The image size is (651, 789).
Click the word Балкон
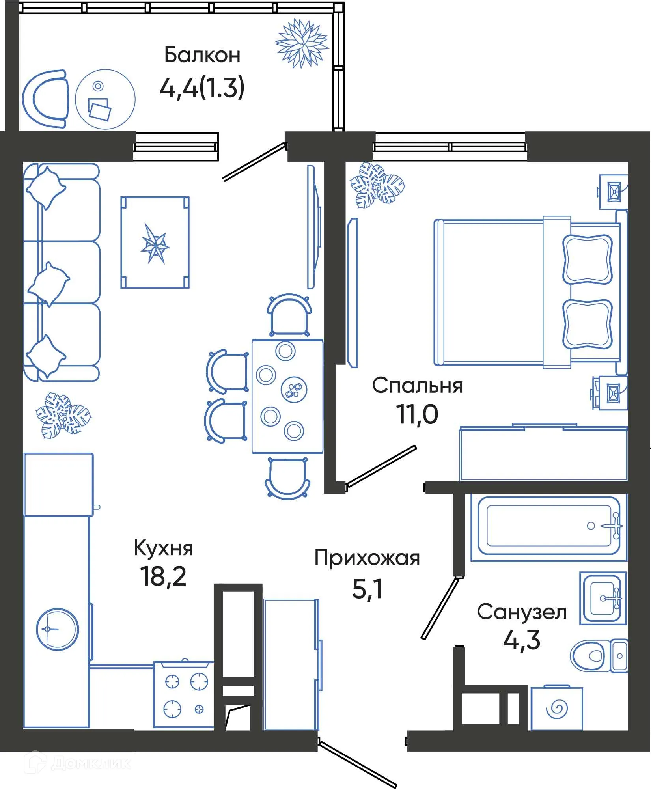tap(202, 55)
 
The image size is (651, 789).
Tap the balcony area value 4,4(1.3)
tap(202, 88)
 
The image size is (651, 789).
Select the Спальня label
tap(417, 386)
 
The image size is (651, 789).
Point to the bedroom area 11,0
tap(417, 415)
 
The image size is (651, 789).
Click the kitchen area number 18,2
tap(163, 576)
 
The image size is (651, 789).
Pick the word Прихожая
tap(367, 558)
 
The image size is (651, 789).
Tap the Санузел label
tap(522, 612)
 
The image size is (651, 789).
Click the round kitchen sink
tap(57, 629)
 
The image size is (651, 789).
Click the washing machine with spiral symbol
tap(556, 709)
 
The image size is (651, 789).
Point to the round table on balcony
tap(105, 99)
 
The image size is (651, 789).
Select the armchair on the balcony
tap(45, 99)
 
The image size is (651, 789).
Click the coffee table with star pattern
tap(155, 242)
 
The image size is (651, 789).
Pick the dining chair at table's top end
tap(289, 315)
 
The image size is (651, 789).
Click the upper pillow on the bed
tap(587, 259)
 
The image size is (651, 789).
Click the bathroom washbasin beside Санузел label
tap(603, 599)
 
